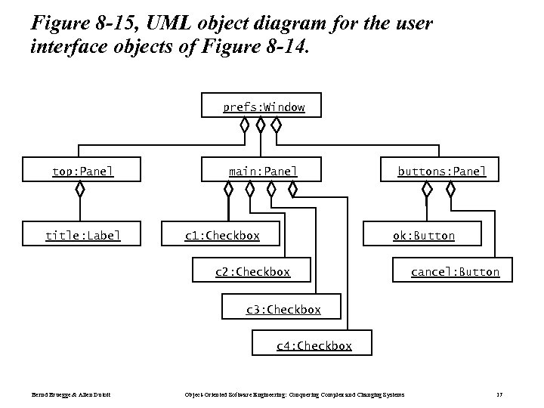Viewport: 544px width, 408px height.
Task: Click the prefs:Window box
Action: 263,107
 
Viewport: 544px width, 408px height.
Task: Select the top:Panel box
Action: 82,172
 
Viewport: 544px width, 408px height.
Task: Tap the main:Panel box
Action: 263,172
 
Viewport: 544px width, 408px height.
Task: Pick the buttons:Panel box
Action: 442,172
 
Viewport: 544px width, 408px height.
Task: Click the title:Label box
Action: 82,235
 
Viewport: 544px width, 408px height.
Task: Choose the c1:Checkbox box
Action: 222,235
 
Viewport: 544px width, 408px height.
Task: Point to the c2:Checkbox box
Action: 252,271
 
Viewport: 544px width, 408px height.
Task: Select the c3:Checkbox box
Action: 283,309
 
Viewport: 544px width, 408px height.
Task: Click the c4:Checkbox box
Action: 313,345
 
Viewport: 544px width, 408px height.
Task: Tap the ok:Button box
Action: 423,235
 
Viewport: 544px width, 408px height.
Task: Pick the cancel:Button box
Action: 454,271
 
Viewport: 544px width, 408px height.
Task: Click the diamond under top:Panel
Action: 80,190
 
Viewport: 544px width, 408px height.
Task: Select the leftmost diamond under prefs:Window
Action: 244,125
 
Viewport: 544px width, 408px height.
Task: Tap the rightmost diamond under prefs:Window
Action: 277,125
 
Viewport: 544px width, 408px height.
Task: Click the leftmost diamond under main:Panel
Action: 228,190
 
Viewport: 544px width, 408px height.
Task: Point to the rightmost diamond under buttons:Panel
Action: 451,190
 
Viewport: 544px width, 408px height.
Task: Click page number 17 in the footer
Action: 499,394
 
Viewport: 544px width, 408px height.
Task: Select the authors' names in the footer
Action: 66,394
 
